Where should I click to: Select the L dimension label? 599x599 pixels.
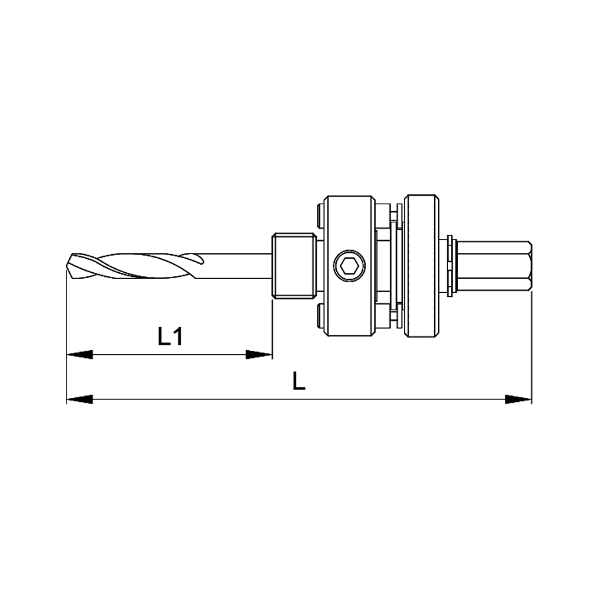[x=299, y=381]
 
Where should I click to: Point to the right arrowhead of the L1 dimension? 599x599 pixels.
[x=259, y=355]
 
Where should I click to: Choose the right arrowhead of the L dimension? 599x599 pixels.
[x=518, y=399]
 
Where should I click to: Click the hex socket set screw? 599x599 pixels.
[x=349, y=265]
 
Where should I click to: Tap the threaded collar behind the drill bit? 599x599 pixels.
[x=294, y=266]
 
